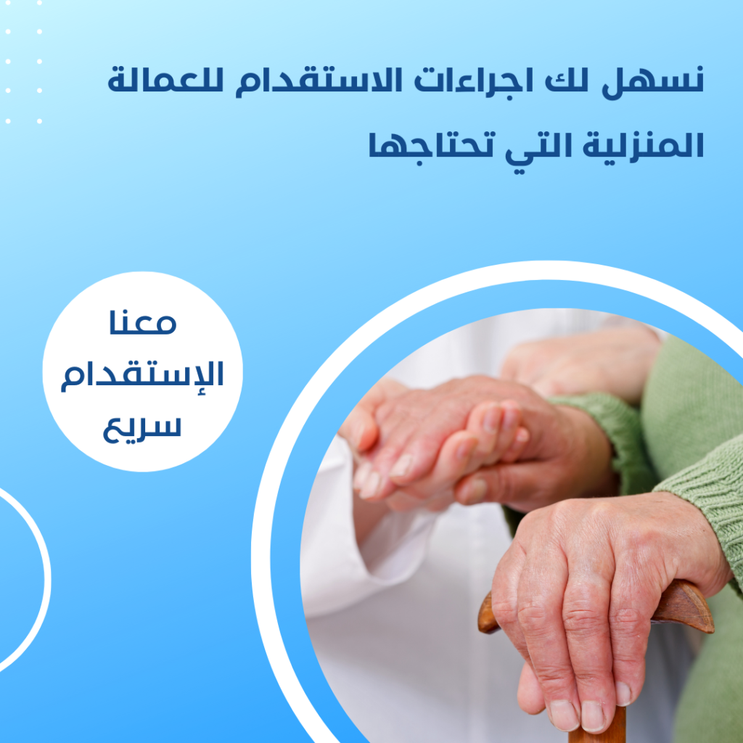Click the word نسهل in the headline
[653, 82]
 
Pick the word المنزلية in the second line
[643, 144]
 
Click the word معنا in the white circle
[143, 322]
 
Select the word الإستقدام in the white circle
[143, 377]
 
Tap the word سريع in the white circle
[143, 428]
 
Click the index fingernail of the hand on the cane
[563, 714]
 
